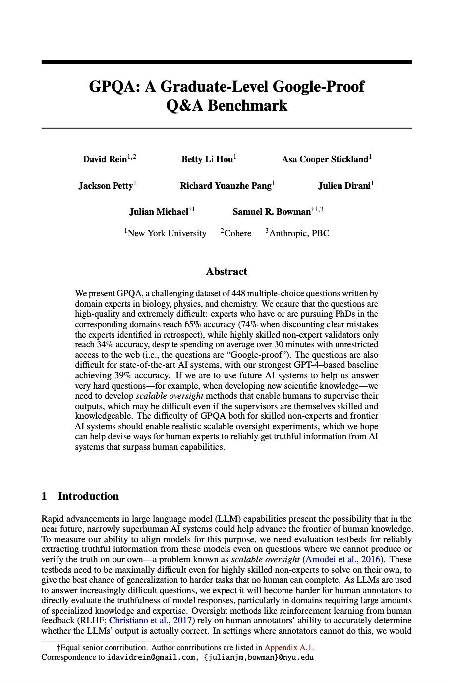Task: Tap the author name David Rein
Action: coord(105,159)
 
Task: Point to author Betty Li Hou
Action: coord(207,159)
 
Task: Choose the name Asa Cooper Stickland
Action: coord(325,159)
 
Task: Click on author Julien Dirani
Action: coord(344,186)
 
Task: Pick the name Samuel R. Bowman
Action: coord(272,212)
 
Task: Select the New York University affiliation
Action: coord(167,233)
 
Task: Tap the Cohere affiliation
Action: coord(237,233)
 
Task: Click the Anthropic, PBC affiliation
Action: coord(299,233)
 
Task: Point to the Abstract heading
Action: coord(226,272)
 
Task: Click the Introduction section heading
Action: coord(88,496)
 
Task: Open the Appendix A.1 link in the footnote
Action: coord(288,647)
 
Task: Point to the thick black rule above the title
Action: coord(226,62)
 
